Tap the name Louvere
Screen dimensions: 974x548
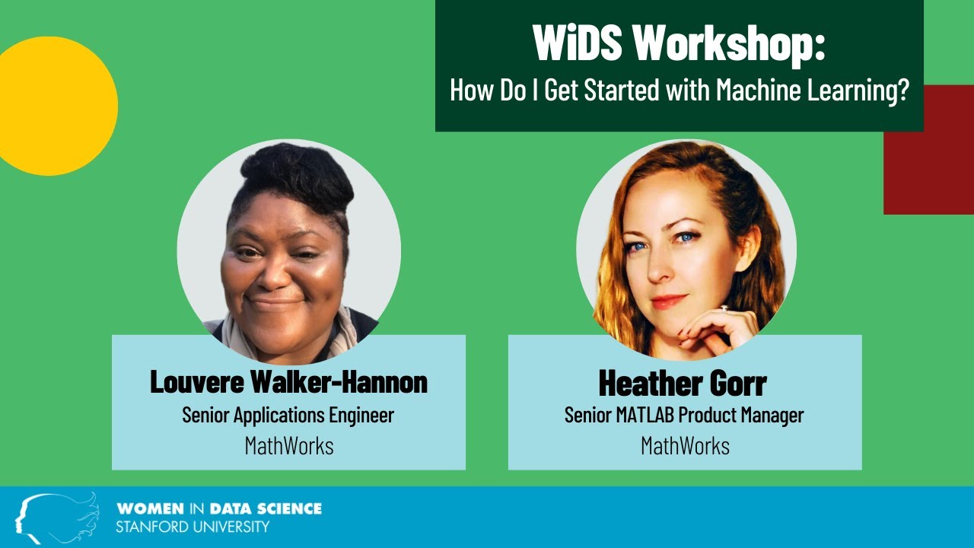click(x=197, y=381)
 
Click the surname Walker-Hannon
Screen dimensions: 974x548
click(x=339, y=381)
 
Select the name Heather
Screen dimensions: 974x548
click(x=648, y=383)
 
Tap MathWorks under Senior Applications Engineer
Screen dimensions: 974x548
click(x=289, y=446)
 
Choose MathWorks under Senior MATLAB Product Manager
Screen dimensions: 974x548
click(x=686, y=446)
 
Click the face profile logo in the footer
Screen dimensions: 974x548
click(x=56, y=517)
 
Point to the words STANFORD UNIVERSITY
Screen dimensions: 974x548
click(x=193, y=527)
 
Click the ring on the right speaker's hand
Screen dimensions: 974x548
click(x=724, y=309)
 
